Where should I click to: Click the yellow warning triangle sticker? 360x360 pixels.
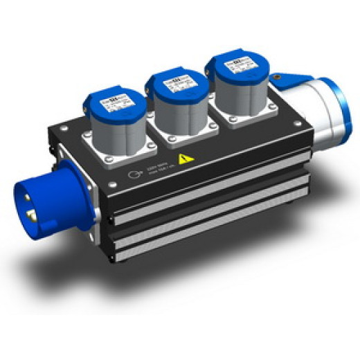(184, 159)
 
